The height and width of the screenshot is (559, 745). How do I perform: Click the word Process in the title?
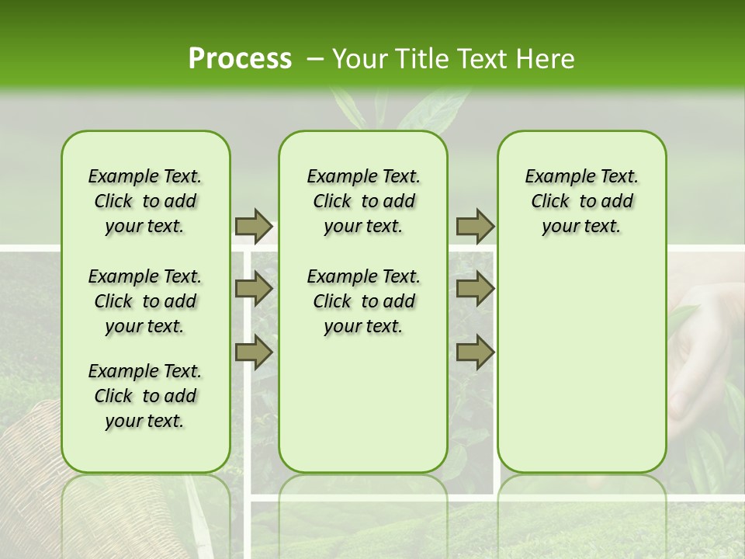(240, 59)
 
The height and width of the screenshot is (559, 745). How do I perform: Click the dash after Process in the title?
(315, 60)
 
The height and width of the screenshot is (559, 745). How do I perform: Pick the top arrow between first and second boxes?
(254, 226)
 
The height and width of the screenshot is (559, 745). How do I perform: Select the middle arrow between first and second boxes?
(254, 289)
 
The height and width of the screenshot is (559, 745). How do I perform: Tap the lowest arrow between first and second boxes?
(254, 352)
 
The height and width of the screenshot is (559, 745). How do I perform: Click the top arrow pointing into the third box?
(475, 226)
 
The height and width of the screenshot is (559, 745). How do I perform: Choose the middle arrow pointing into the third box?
(475, 289)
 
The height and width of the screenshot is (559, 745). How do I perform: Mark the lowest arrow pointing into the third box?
(475, 352)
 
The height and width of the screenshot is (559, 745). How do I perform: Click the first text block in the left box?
(145, 201)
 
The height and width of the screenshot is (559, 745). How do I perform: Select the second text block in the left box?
(145, 301)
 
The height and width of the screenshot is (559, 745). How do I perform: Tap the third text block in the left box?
(145, 396)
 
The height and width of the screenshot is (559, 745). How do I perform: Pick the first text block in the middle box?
(363, 201)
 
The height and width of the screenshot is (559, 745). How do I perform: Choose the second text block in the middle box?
(363, 301)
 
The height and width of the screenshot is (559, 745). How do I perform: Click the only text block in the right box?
(581, 201)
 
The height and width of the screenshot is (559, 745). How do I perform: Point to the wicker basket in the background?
(31, 466)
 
